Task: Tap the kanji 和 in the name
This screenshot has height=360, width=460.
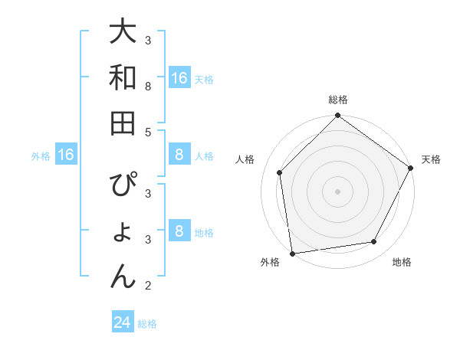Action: (x=123, y=77)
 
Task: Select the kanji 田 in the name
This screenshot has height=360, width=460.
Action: (x=123, y=123)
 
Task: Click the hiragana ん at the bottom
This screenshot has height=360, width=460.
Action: (x=123, y=275)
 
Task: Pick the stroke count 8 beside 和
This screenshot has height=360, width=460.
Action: (x=149, y=87)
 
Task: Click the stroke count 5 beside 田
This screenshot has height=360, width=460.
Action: (x=149, y=132)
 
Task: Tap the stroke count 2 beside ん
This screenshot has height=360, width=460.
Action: (x=149, y=286)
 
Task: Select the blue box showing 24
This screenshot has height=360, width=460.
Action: (x=123, y=322)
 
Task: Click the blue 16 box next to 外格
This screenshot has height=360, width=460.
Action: (x=66, y=155)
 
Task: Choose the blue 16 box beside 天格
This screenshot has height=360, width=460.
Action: (x=179, y=78)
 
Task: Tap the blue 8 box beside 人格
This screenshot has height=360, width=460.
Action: (x=179, y=155)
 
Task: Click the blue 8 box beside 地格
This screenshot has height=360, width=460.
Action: (x=179, y=232)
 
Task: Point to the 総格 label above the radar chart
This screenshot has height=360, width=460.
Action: (x=338, y=100)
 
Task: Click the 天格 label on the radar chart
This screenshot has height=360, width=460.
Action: (x=431, y=159)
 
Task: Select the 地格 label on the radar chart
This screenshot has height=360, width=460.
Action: (x=402, y=262)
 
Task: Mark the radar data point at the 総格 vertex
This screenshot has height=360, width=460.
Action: (x=338, y=116)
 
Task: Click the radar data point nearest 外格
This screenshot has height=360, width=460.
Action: (x=292, y=253)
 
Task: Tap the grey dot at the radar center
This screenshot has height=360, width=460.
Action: (x=338, y=191)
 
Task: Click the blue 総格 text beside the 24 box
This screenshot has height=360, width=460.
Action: (x=148, y=324)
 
